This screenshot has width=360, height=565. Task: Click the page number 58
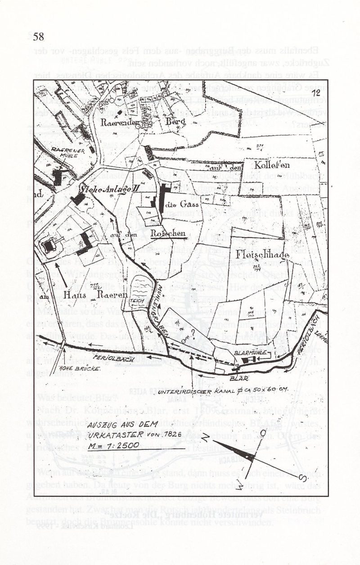click(x=38, y=36)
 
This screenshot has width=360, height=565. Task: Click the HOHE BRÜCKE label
click(x=59, y=370)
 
